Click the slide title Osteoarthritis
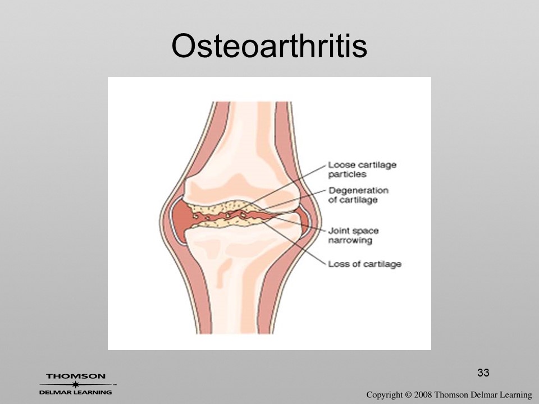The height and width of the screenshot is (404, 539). (269, 45)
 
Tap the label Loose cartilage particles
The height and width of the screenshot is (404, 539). (362, 169)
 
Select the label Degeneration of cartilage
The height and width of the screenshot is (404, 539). (358, 195)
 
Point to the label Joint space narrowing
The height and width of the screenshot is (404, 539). (353, 235)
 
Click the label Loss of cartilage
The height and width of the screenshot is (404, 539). (364, 264)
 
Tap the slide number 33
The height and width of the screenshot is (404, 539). (483, 373)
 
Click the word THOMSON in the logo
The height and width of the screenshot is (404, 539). (76, 376)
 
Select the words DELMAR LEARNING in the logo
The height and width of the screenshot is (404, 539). (75, 392)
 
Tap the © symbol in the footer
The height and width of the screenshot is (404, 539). (408, 394)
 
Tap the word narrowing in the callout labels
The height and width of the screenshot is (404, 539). (350, 240)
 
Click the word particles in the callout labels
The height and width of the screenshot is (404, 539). (347, 175)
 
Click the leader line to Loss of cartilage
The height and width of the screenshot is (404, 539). (293, 241)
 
